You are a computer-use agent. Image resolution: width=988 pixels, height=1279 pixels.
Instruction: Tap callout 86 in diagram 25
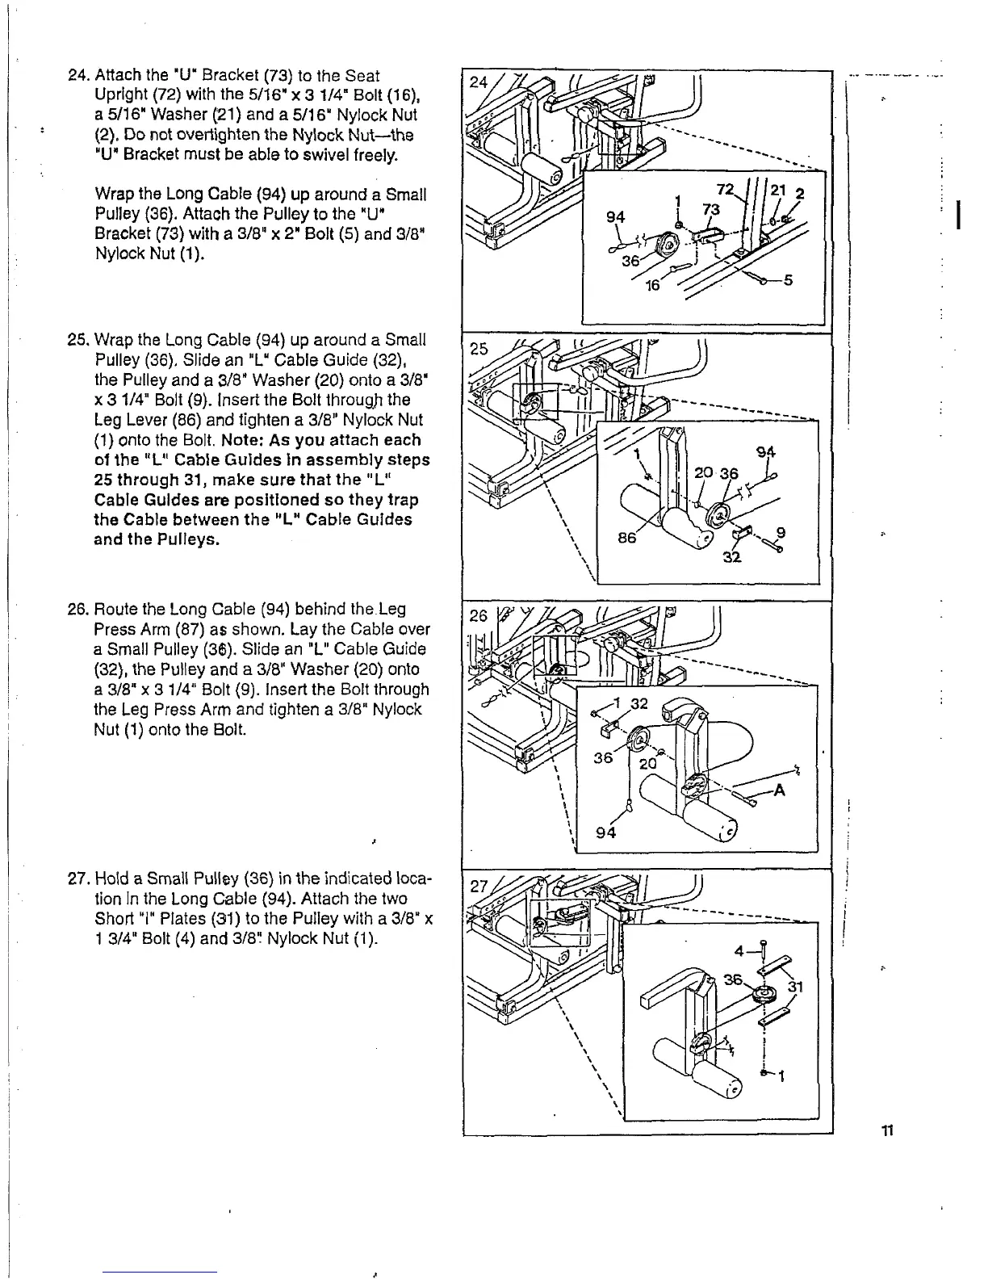627,536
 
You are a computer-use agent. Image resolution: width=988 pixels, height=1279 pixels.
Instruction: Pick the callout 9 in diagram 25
780,533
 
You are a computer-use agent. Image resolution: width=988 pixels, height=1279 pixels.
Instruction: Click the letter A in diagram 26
779,791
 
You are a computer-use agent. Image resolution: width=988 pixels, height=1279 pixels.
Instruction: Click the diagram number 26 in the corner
479,616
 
